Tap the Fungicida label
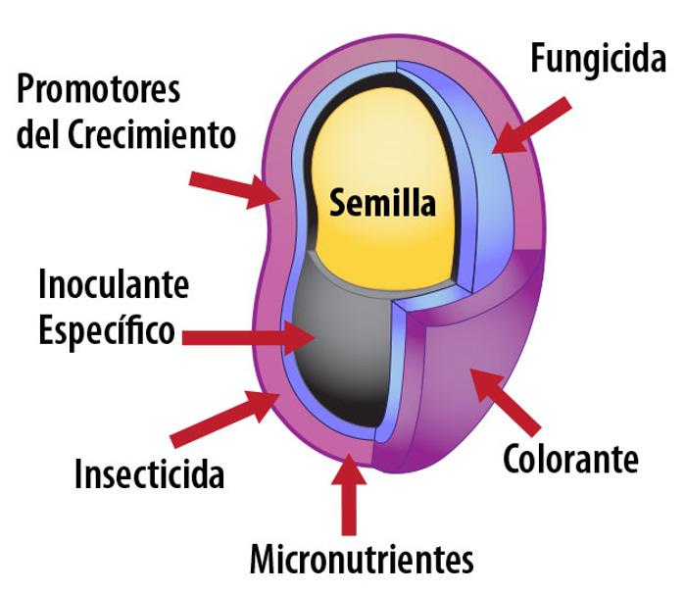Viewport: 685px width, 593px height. pos(597,59)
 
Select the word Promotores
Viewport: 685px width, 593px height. pos(99,89)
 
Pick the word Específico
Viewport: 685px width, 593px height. pos(107,329)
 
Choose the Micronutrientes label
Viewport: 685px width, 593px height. pos(362,561)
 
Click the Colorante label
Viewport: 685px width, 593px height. pos(570,458)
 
